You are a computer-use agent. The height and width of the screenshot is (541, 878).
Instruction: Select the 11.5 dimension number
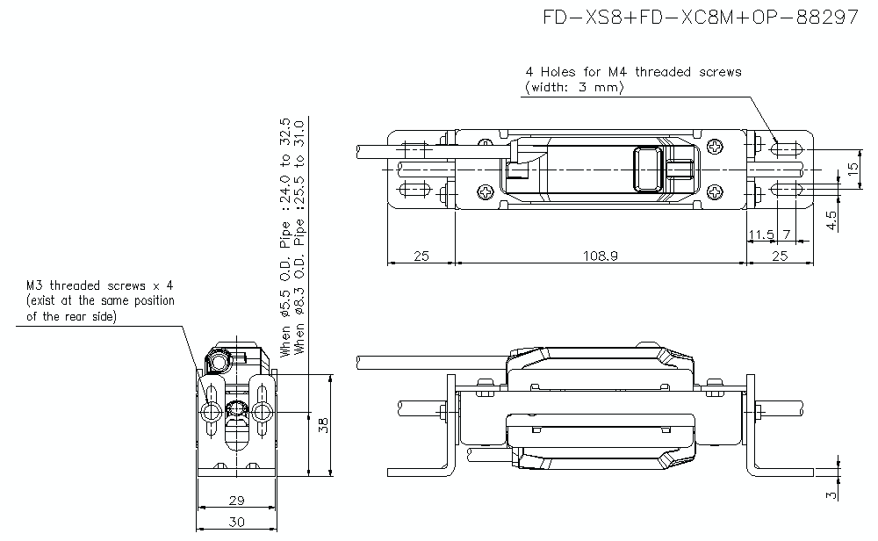[x=760, y=234]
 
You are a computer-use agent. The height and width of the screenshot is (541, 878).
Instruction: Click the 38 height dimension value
[x=322, y=426]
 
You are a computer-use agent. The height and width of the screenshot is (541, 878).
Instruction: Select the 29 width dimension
[x=236, y=501]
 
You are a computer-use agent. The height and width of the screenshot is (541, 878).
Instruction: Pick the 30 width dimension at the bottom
[x=236, y=522]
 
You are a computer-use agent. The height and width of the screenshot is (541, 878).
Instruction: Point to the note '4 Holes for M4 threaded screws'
[x=633, y=72]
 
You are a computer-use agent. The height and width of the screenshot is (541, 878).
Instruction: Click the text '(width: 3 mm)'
[x=573, y=87]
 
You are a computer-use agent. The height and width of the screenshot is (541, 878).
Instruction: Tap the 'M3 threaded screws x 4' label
[x=99, y=285]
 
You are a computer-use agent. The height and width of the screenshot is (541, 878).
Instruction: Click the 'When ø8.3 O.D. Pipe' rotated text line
[x=299, y=237]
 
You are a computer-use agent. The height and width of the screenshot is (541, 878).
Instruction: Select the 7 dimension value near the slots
[x=787, y=234]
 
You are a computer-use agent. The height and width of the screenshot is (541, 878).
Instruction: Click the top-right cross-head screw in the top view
[x=718, y=147]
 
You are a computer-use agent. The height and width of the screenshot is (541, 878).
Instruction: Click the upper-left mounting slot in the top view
[x=413, y=149]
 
